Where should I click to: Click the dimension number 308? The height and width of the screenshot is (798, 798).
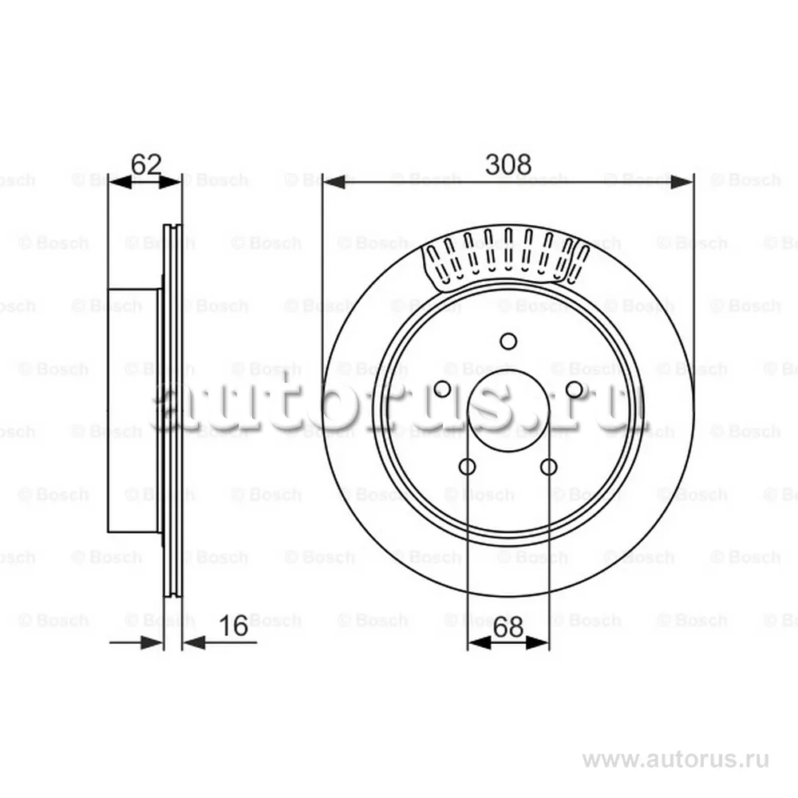click(508, 164)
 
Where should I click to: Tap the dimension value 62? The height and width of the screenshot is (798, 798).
click(146, 164)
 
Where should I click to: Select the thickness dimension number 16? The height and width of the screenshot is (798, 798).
click(233, 626)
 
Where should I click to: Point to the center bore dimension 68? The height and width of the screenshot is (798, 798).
click(508, 627)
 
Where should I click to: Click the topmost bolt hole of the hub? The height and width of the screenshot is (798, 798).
click(508, 341)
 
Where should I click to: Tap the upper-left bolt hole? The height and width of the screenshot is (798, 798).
click(442, 389)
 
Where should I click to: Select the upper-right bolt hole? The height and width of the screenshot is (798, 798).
click(575, 389)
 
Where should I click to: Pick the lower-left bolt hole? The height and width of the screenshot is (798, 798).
click(467, 466)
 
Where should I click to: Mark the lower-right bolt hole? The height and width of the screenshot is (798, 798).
click(549, 466)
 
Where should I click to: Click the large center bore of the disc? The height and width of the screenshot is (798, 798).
click(508, 410)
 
